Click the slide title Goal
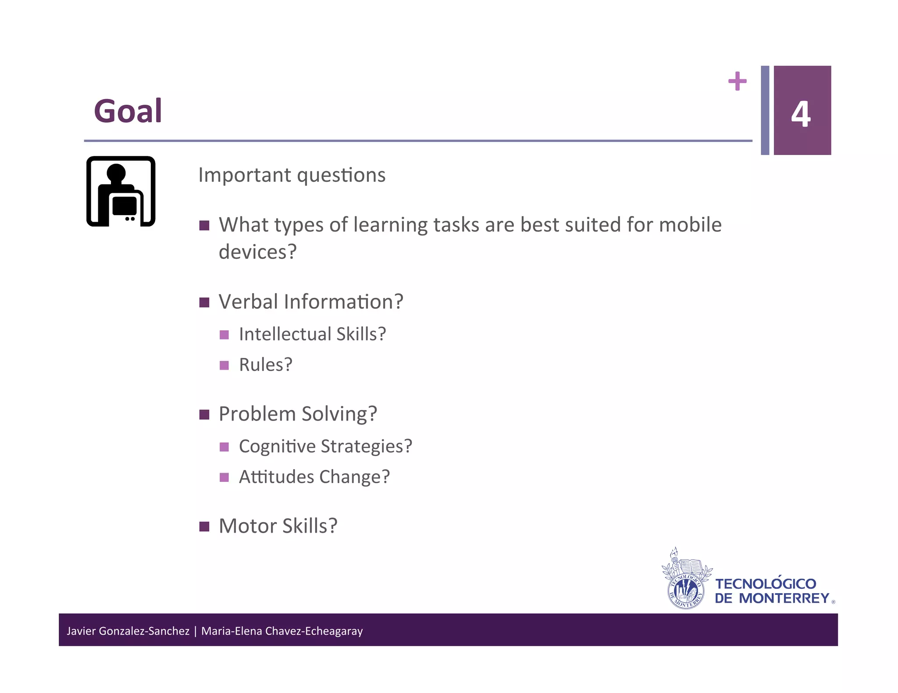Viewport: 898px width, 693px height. tap(128, 111)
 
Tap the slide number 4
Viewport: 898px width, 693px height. tap(801, 114)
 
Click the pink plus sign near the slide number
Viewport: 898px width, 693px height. tap(737, 81)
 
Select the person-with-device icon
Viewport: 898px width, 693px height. tap(121, 191)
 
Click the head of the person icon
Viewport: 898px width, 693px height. tap(116, 173)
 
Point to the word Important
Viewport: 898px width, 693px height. tap(245, 175)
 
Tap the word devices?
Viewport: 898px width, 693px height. tap(258, 252)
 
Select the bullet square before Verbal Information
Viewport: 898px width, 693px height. tap(204, 302)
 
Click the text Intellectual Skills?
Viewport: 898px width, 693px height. tap(312, 334)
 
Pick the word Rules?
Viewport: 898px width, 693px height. tap(265, 365)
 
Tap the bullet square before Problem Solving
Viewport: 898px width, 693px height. tap(204, 414)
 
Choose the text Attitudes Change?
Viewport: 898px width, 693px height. tap(314, 477)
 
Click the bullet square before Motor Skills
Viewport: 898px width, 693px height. tap(204, 526)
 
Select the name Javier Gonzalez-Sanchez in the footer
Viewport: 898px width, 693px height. tap(128, 631)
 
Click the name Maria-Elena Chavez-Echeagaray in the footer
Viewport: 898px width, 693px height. tap(282, 631)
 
